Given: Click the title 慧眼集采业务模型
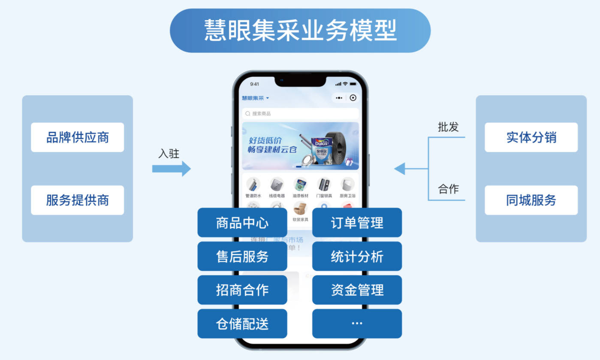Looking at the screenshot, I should click(300, 30).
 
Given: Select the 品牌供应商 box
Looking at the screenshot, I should click(77, 137).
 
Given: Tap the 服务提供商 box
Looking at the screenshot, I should click(77, 200).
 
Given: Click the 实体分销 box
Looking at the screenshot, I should click(531, 137).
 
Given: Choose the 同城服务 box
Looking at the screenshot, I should click(531, 200).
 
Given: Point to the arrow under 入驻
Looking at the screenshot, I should click(171, 169).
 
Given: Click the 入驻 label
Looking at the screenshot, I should click(169, 154).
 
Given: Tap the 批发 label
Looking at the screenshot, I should click(448, 127).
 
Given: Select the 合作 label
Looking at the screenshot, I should click(448, 189).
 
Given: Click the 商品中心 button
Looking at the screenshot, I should click(242, 223).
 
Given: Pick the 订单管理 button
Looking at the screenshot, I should click(357, 223).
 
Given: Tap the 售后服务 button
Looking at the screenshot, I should click(242, 256).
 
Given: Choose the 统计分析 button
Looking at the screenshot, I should click(357, 256).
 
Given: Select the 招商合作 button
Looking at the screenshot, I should click(242, 290).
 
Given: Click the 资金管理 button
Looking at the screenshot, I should click(357, 290).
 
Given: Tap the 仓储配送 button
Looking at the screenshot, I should click(242, 324).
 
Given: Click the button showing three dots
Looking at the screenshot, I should click(357, 324).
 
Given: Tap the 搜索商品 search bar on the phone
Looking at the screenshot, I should click(300, 114).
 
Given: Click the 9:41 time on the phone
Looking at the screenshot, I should click(254, 84).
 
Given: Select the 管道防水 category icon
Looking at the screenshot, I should click(253, 185).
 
